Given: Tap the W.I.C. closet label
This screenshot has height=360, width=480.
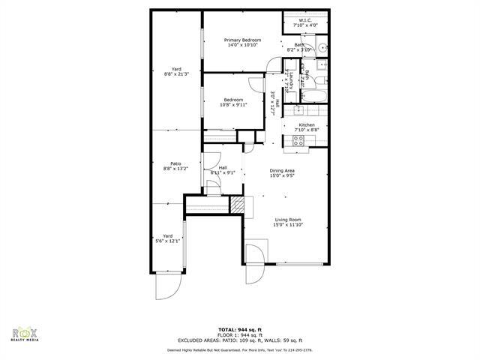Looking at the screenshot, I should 305,22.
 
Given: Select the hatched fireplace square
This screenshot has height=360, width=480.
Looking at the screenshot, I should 238,205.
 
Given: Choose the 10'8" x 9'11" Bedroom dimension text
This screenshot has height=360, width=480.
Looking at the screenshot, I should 232,105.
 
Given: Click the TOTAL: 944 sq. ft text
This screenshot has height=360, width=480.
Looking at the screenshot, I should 239,329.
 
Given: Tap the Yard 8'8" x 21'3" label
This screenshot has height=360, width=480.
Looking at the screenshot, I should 176,71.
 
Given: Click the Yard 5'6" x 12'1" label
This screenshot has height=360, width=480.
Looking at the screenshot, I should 168,238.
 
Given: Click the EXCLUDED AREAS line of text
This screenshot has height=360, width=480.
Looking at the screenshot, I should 239,340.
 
